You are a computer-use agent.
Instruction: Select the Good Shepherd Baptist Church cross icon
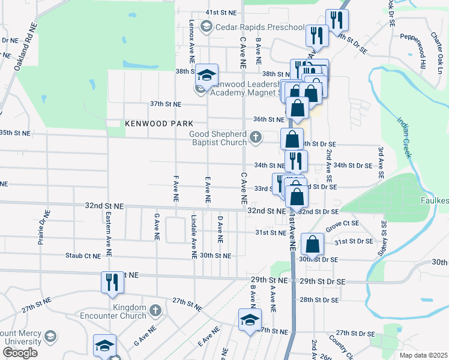pos(256,137)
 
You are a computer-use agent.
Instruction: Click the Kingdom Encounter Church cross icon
pos(155,310)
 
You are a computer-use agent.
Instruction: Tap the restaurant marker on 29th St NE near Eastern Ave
pos(111,282)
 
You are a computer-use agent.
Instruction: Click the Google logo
pos(20,353)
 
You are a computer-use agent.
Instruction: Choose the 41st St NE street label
pos(220,12)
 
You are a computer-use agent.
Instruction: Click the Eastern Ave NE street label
pos(108,226)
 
